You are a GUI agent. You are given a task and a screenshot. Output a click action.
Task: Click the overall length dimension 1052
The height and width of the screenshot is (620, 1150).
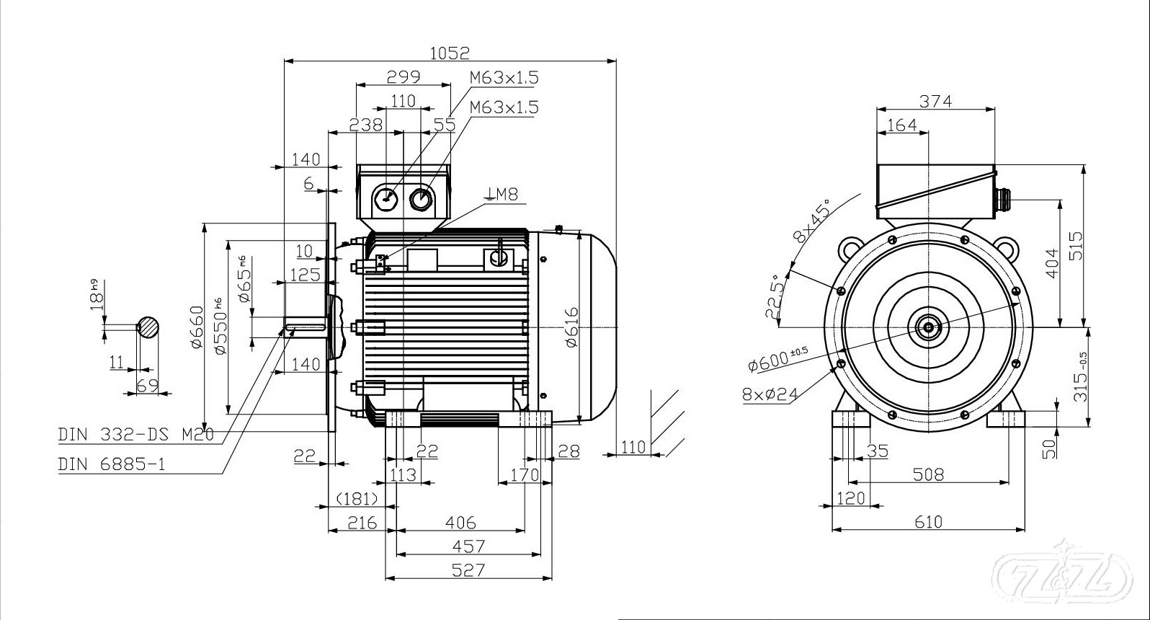449,53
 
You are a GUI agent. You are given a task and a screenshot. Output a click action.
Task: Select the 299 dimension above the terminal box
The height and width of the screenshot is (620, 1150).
404,77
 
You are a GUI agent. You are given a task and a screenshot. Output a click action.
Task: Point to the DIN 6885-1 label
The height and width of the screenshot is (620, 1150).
112,464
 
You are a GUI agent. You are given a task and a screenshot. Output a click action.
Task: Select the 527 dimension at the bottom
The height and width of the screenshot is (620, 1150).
468,570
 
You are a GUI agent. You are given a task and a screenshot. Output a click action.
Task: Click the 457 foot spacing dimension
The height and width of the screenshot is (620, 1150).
468,546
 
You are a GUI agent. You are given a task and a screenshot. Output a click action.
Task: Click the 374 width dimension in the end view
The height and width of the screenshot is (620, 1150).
935,102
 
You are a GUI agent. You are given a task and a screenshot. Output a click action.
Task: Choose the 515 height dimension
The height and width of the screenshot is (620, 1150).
1075,247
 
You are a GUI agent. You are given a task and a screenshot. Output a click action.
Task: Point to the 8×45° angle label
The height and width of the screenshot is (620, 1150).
810,221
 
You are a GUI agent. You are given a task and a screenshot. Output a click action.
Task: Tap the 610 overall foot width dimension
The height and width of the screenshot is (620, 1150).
928,521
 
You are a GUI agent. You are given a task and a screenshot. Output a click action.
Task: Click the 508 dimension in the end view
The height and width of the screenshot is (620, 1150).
928,474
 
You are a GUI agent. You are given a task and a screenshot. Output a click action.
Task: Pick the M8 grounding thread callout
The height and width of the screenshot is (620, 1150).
503,193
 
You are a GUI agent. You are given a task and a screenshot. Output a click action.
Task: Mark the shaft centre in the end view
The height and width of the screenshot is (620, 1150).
928,327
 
